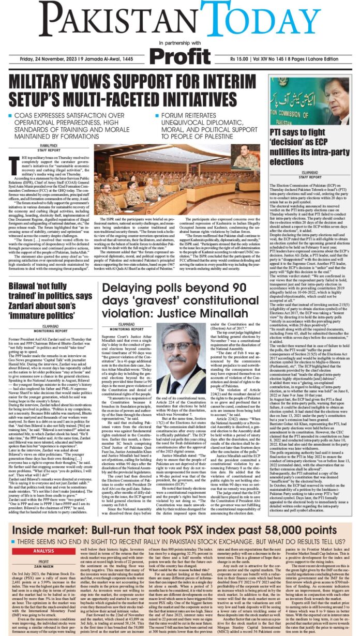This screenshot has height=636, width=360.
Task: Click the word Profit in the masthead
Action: point(179,54)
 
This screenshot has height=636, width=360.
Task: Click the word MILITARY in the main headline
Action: point(55,83)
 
